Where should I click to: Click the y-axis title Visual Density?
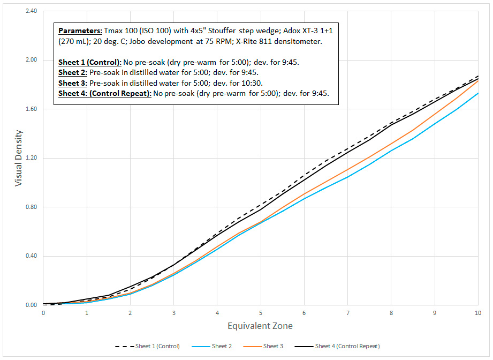19,157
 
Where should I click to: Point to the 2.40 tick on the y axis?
31,11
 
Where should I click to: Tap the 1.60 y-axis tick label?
31,109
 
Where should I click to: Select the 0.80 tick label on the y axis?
31,207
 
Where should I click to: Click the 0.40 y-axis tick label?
31,256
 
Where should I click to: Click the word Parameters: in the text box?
79,31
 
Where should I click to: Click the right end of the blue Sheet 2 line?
477,93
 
